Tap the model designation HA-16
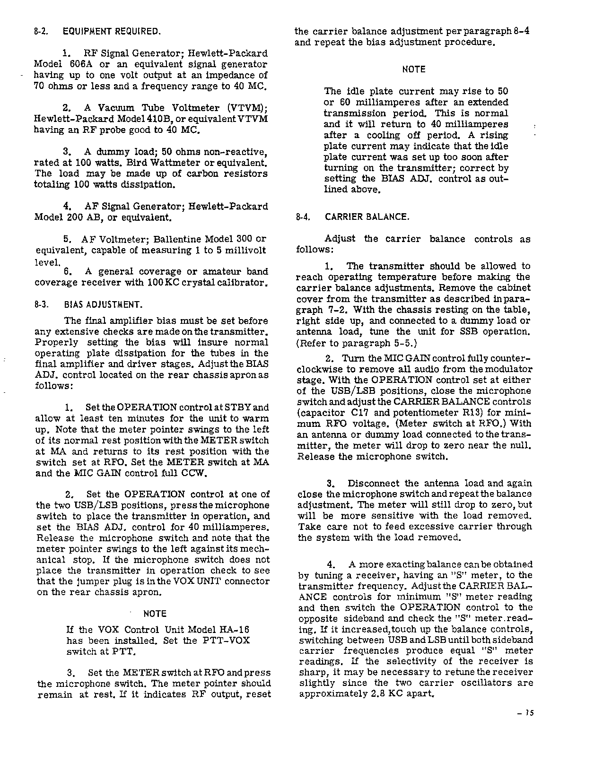tap(235, 630)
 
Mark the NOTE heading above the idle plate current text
tap(414, 69)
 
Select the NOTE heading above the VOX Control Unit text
tap(155, 614)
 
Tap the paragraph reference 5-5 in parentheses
tap(406, 343)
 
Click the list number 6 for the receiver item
tap(67, 272)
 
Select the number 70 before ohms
tap(40, 87)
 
